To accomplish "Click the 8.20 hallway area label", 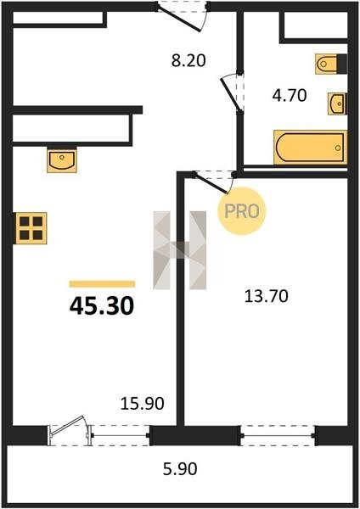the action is click(x=188, y=60).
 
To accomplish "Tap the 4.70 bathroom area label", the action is click(x=290, y=95).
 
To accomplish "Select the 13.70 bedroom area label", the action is click(x=266, y=296).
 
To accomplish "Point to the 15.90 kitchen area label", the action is click(x=143, y=404).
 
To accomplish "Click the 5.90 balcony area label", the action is click(x=180, y=469).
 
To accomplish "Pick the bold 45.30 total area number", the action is click(x=102, y=306).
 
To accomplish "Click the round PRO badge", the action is click(x=242, y=211).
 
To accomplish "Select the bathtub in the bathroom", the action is click(x=310, y=148).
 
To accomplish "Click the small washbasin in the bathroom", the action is click(x=337, y=103).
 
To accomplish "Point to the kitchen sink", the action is click(x=62, y=159).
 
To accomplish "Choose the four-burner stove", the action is click(x=31, y=228).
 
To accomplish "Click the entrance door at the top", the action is click(x=183, y=17).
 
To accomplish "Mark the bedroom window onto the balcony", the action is click(x=278, y=436).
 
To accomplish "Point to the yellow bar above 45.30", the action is click(x=102, y=284).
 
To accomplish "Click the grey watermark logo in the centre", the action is click(x=180, y=250).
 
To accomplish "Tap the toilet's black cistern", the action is click(x=342, y=64).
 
